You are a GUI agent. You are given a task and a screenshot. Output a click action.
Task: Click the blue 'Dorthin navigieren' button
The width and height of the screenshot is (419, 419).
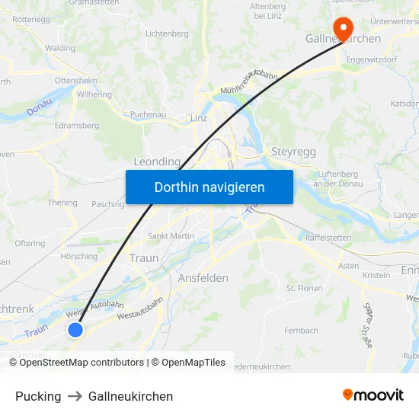pos(209,187)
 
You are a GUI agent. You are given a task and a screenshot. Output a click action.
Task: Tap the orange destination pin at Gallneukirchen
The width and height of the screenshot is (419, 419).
pos(343,28)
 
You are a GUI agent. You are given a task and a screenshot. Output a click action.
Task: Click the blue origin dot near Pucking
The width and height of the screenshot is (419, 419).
pos(75,329)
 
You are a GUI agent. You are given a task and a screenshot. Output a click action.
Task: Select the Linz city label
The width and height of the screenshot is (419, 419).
pos(199,118)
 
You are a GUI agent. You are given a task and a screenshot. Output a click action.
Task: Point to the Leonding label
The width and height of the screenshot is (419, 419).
pos(157,162)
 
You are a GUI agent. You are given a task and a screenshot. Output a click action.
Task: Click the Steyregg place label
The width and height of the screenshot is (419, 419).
pos(293,152)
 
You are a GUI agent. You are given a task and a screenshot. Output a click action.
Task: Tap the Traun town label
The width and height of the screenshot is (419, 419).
pos(144,258)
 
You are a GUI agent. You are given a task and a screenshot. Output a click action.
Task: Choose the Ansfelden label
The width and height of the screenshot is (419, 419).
pos(203,278)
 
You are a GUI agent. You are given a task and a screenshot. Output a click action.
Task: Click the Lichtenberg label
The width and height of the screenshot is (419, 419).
pos(166,34)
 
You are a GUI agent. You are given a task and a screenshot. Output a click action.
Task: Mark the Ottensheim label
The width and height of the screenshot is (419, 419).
pos(75,80)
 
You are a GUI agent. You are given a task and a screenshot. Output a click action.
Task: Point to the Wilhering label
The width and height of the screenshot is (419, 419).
pos(94,95)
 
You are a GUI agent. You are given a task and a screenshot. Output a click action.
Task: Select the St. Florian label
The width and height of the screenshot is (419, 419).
pos(304,288)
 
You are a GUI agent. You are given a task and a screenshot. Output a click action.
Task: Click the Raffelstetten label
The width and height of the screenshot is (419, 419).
pos(328,238)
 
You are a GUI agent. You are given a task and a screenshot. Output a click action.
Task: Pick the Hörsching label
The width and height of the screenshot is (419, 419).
pos(78,256)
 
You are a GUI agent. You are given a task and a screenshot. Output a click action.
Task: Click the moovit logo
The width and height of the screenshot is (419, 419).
pos(373,395)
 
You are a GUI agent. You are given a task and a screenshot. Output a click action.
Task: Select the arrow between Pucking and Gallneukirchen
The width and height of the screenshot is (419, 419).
pos(75,396)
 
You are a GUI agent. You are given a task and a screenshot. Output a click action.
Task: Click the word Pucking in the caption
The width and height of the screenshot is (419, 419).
pos(38,396)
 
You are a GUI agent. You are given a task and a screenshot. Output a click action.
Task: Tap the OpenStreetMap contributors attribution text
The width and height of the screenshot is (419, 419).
pos(82,363)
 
